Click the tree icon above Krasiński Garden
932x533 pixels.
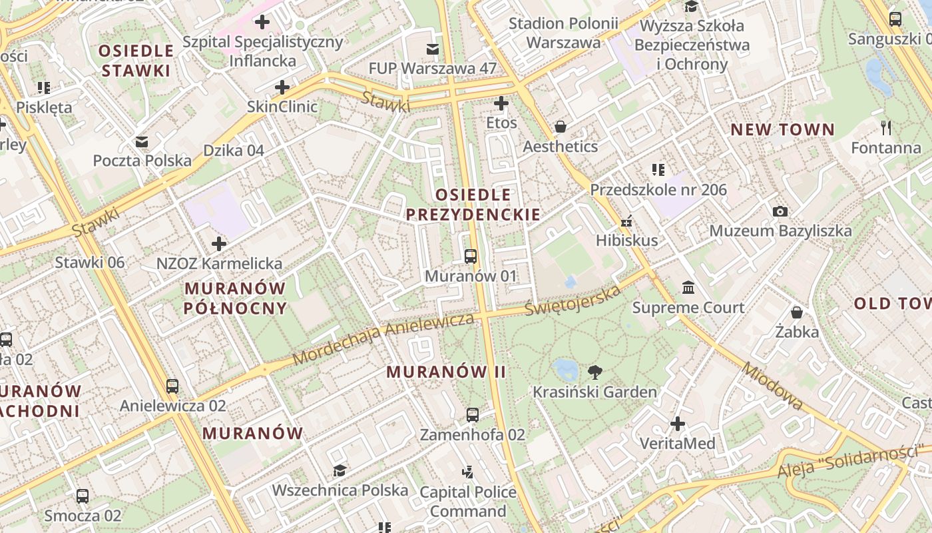[x=594, y=372]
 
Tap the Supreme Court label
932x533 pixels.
[x=688, y=308]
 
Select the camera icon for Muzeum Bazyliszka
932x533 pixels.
[x=780, y=212]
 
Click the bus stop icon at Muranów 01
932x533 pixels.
[x=471, y=257]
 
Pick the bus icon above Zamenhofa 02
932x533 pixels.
[x=472, y=415]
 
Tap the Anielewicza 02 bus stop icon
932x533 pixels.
[x=172, y=386]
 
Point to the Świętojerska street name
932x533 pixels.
[x=573, y=300]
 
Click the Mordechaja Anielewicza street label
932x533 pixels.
[x=383, y=339]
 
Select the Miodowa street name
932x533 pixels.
[x=772, y=386]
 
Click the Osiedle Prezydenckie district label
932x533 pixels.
[x=473, y=205]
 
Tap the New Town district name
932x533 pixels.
[x=782, y=130]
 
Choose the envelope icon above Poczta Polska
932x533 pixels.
[x=142, y=142]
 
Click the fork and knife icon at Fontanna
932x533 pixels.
[x=885, y=128]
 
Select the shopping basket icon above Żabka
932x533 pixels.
[x=796, y=312]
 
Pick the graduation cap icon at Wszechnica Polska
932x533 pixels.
[x=340, y=471]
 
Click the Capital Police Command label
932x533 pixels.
[x=467, y=502]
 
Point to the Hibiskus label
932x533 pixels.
[x=626, y=241]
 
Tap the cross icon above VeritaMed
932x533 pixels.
[x=678, y=424]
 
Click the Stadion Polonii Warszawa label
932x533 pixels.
[x=563, y=33]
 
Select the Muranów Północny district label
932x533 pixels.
[x=235, y=298]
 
